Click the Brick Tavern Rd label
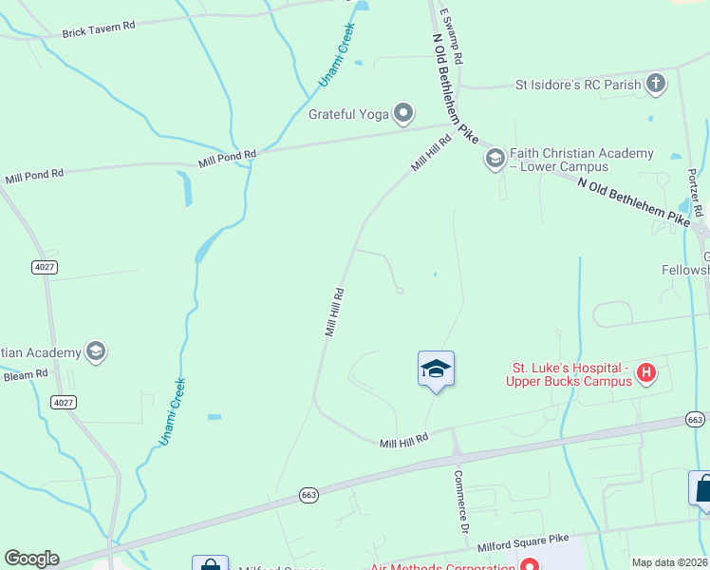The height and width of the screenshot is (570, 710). pyautogui.click(x=99, y=31)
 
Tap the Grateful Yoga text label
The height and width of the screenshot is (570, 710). pyautogui.click(x=349, y=114)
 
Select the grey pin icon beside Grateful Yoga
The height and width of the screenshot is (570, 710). pyautogui.click(x=403, y=114)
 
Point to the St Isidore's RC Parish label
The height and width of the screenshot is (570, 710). pyautogui.click(x=577, y=85)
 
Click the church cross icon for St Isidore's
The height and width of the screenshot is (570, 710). pyautogui.click(x=656, y=84)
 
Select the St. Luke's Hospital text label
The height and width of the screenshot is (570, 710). pyautogui.click(x=572, y=374)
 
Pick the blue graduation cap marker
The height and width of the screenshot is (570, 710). pyautogui.click(x=436, y=369)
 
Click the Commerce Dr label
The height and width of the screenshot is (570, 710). pyautogui.click(x=463, y=502)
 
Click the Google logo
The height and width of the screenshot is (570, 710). pyautogui.click(x=31, y=559)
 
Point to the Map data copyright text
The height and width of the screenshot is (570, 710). pyautogui.click(x=669, y=562)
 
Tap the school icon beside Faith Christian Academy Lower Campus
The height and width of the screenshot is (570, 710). pyautogui.click(x=495, y=159)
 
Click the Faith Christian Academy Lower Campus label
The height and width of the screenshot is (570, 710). pyautogui.click(x=581, y=160)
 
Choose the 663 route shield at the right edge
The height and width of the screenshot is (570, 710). pyautogui.click(x=696, y=419)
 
